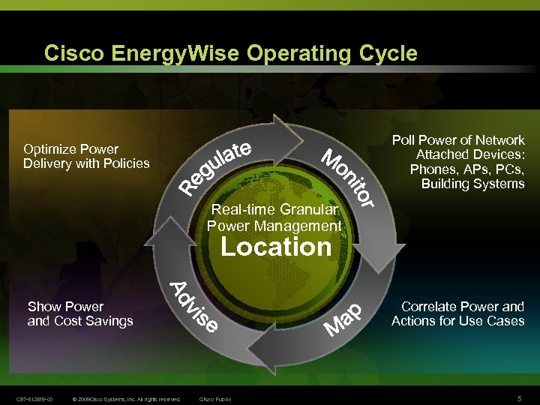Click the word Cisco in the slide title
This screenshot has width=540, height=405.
click(x=73, y=53)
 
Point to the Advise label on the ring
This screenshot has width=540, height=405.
click(x=194, y=307)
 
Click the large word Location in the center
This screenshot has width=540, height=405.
click(x=276, y=247)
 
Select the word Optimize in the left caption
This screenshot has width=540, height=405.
click(x=50, y=148)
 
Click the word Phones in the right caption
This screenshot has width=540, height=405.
click(x=431, y=169)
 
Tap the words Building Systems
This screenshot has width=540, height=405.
click(x=472, y=184)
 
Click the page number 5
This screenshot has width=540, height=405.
click(x=519, y=398)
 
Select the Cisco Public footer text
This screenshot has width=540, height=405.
click(x=215, y=399)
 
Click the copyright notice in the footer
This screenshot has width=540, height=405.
click(x=126, y=399)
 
